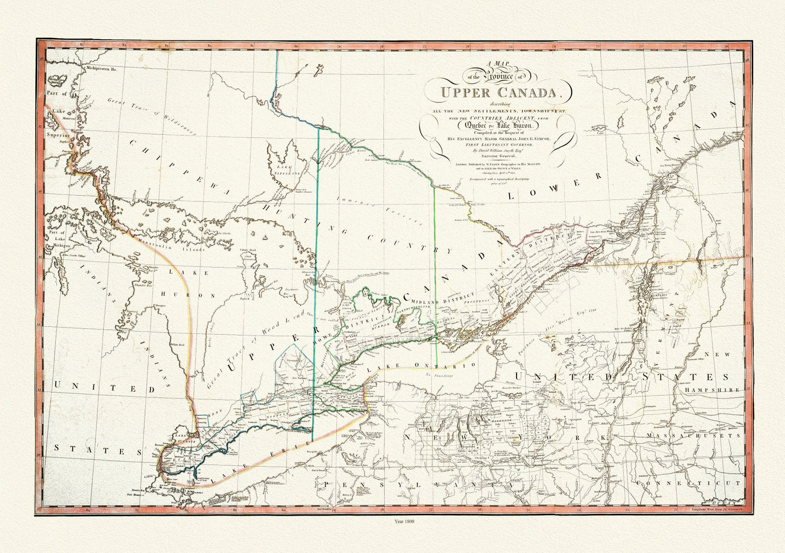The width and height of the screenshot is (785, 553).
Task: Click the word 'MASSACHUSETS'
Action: (x=705, y=436)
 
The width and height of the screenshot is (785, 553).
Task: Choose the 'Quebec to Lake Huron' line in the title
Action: (x=498, y=125)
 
